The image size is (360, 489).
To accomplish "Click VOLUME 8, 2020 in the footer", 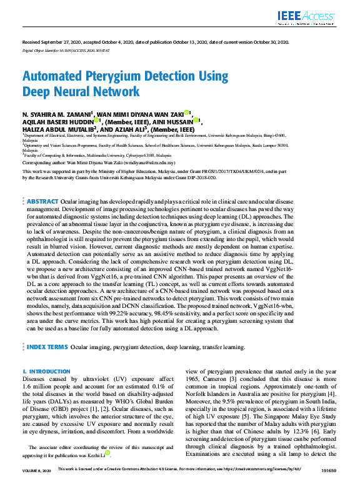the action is tap(36, 485).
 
